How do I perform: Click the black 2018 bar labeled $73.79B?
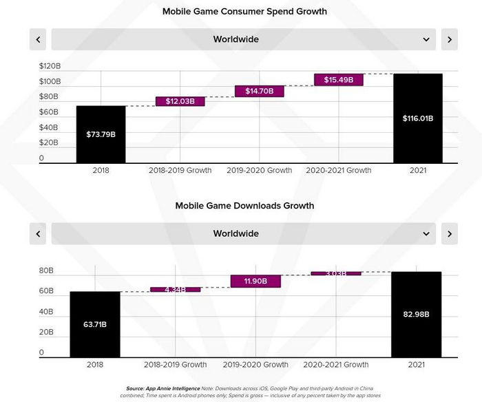[101, 134]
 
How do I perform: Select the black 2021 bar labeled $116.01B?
[417, 118]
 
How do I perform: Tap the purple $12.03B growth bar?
[180, 101]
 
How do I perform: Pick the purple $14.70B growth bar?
[260, 91]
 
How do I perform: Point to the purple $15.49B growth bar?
[338, 80]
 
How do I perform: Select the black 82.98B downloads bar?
[416, 315]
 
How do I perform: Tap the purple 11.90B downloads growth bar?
[255, 281]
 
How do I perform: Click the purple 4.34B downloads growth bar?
[176, 290]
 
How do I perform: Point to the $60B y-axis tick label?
[49, 112]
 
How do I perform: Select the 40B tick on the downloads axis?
[47, 312]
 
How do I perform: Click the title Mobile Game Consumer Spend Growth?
[244, 12]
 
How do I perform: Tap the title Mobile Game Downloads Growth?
[244, 206]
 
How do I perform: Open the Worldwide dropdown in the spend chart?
[243, 39]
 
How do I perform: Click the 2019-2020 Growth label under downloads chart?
[256, 364]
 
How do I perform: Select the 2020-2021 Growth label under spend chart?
[338, 170]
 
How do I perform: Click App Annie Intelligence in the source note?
[163, 388]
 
